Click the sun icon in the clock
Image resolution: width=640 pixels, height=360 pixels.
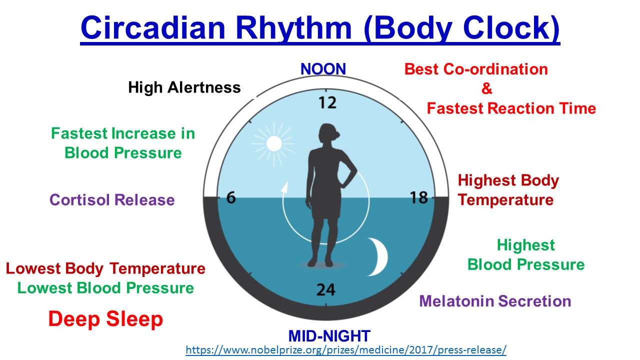273,144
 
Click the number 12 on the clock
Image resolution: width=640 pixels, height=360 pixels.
327,103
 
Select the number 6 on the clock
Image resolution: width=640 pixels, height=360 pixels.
230,198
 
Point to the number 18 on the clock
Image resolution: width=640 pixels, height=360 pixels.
419,198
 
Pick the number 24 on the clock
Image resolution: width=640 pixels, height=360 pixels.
325,289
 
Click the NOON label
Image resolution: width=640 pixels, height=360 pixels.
323,69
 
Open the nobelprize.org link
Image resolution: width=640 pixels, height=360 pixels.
346,349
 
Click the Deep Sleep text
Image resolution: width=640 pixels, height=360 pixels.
105,319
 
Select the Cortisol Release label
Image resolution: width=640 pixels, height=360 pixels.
112,200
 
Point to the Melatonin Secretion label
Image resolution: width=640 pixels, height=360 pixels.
495,301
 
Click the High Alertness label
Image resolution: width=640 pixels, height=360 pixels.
184,87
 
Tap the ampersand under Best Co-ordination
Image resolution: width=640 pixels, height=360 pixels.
487,89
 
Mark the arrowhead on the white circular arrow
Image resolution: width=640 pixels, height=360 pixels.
285,188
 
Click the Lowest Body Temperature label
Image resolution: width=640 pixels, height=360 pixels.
105,268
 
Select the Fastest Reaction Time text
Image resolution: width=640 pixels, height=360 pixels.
511,108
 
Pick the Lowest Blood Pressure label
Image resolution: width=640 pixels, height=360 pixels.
105,288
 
